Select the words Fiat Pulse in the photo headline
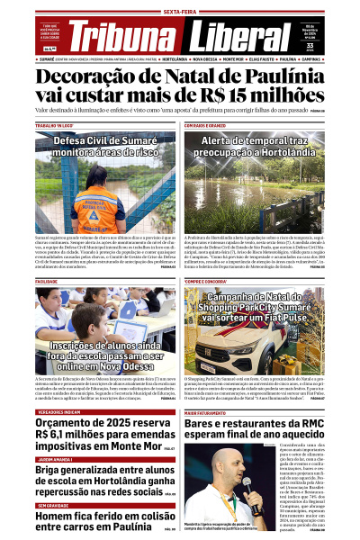click(x=291, y=318)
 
